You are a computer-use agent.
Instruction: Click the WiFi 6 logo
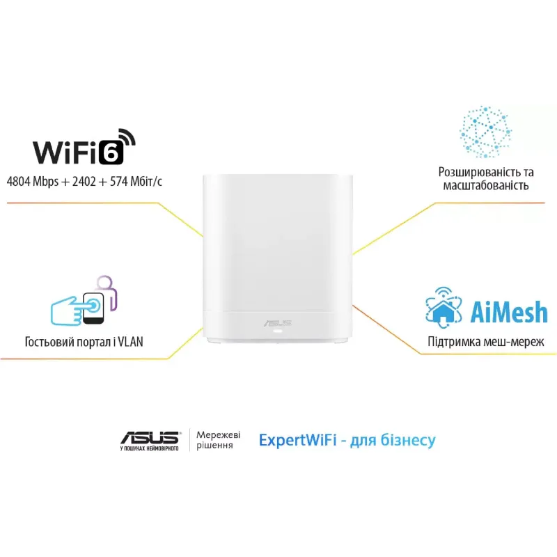[84, 147]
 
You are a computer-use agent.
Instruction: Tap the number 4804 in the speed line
[18, 182]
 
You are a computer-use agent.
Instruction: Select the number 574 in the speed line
[119, 182]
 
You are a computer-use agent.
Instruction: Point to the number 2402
[84, 182]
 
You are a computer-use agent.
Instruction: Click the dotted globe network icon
[485, 132]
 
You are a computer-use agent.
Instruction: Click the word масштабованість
[485, 186]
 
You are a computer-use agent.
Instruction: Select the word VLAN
[130, 342]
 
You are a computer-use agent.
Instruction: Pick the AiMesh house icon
[444, 307]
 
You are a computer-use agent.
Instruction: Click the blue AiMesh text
[509, 311]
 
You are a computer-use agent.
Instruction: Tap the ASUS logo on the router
[278, 323]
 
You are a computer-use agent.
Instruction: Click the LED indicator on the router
[277, 331]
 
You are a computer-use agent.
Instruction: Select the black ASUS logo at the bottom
[150, 438]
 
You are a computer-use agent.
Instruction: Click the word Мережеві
[218, 434]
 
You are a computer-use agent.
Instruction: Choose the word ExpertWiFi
[298, 440]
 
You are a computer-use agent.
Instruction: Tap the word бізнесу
[408, 440]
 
